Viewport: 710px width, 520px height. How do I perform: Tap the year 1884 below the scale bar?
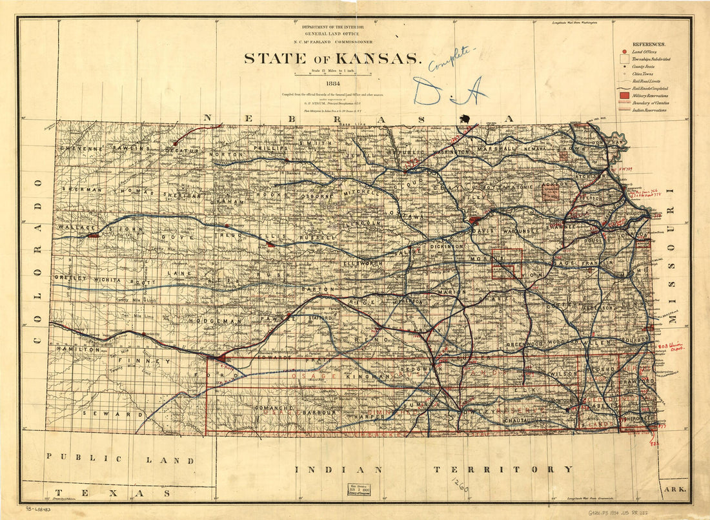333,83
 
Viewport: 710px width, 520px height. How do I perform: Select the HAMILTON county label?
79,349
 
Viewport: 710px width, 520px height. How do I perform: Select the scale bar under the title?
333,76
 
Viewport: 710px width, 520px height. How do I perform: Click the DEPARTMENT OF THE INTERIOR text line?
333,27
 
